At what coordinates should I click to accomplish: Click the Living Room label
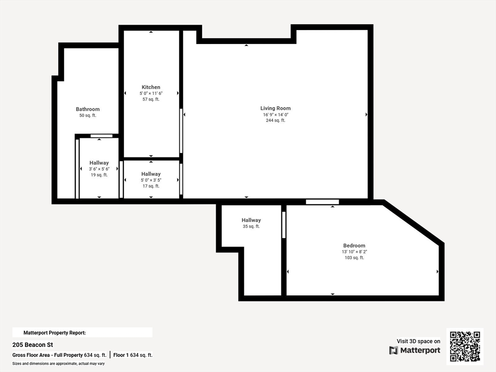click(x=275, y=108)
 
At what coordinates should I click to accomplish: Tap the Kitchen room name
click(x=151, y=87)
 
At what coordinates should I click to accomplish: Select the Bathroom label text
click(x=88, y=109)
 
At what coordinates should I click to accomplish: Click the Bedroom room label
click(x=354, y=246)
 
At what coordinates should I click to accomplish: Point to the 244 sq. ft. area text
click(x=275, y=121)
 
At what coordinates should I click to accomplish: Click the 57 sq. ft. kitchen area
click(x=151, y=99)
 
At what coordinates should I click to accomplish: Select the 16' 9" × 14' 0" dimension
click(x=275, y=115)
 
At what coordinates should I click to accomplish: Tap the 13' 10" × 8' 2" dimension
click(x=354, y=252)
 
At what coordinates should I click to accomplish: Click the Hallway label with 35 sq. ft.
click(x=251, y=220)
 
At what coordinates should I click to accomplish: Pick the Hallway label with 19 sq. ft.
click(x=99, y=163)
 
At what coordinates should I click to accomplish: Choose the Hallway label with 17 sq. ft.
click(x=151, y=174)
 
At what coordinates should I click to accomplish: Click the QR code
click(x=465, y=346)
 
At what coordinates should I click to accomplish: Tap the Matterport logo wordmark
click(x=415, y=350)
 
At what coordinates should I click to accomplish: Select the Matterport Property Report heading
click(x=54, y=333)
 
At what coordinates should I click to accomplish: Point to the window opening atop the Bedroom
click(x=322, y=201)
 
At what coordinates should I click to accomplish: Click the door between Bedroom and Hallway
click(x=284, y=224)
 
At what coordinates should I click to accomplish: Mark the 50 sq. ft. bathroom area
click(x=88, y=116)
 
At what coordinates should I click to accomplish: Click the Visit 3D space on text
click(x=418, y=341)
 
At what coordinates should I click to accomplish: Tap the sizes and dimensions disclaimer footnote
click(x=58, y=363)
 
